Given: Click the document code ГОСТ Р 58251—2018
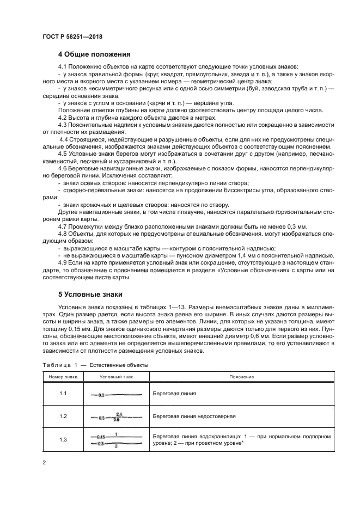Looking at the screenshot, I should (x=72, y=36).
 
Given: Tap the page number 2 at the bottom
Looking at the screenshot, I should (x=44, y=463).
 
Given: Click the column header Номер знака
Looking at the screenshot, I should (x=63, y=377).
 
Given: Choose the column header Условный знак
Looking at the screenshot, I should (x=114, y=377).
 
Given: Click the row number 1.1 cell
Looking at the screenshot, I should (x=63, y=393).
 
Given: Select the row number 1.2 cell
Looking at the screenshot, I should (x=63, y=416).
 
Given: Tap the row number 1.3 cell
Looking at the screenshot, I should (x=63, y=439).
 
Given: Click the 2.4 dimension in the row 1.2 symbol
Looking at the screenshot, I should (x=119, y=414).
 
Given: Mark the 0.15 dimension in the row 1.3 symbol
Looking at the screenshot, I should (x=101, y=437).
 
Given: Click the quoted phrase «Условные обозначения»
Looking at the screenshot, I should (x=254, y=270).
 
